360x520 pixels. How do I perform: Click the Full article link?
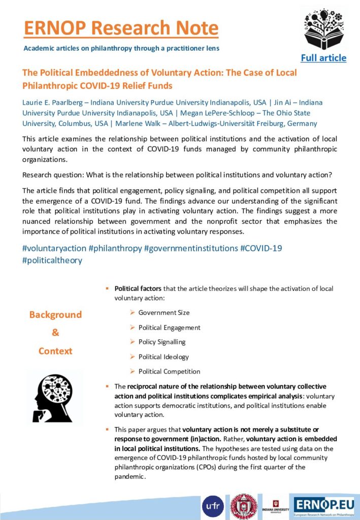[323, 57]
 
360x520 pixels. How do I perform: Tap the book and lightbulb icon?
[324, 29]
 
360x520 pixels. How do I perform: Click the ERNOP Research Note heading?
[121, 27]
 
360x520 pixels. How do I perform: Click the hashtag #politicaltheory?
[52, 261]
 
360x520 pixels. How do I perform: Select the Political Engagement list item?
[169, 328]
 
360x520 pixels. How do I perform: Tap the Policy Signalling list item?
[162, 342]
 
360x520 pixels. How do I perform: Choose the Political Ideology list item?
[163, 357]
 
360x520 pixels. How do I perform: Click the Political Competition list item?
[169, 372]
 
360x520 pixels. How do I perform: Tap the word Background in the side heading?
[55, 315]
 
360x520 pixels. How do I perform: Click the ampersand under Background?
[55, 333]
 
